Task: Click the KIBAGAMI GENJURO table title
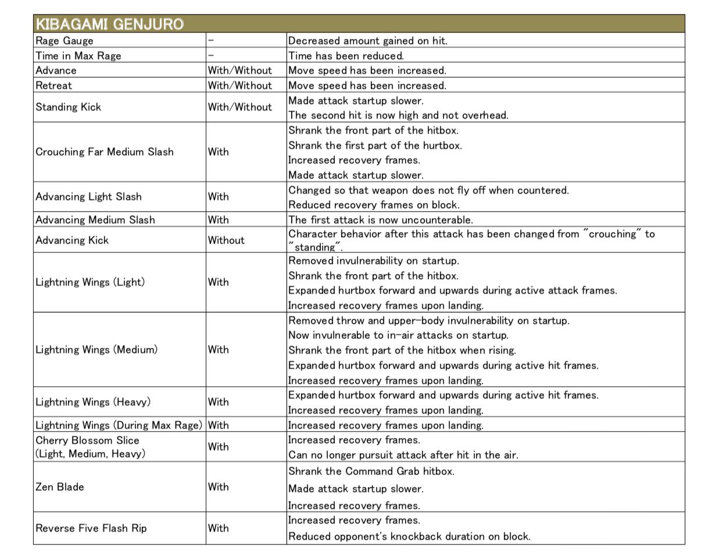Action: [x=109, y=24]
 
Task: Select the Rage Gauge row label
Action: [x=65, y=41]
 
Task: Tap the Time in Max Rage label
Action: [x=78, y=56]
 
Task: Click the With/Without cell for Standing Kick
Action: [x=240, y=107]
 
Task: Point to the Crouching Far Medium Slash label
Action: [x=105, y=152]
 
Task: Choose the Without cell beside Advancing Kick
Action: [x=226, y=240]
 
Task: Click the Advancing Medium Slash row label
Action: [x=95, y=220]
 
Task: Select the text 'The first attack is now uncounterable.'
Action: [x=381, y=220]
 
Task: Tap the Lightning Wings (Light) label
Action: [x=90, y=282]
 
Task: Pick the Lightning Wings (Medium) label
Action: [x=96, y=350]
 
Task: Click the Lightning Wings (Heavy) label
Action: [x=93, y=402]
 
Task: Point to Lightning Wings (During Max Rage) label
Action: [x=119, y=425]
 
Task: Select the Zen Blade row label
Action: [x=60, y=487]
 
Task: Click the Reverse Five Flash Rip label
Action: [x=91, y=528]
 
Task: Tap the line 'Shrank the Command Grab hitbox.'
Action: [x=371, y=471]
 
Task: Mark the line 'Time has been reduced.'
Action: [x=346, y=56]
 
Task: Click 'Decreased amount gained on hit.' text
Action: [x=368, y=41]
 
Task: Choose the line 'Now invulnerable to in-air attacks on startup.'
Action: [x=398, y=335]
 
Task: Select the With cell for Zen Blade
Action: [x=219, y=487]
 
